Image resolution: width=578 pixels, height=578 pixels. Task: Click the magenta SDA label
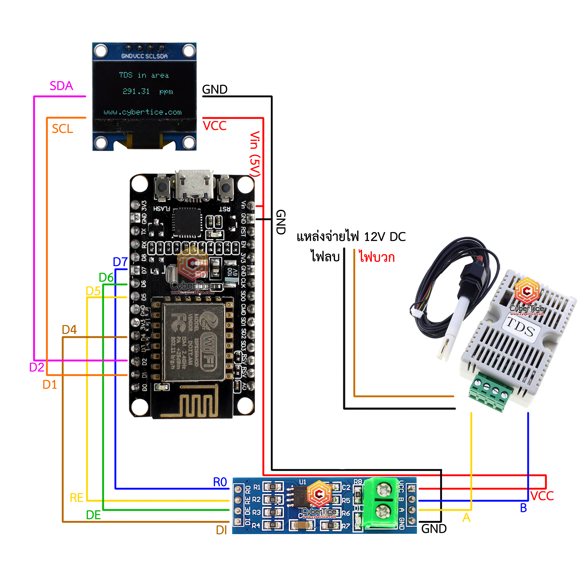pos(61,86)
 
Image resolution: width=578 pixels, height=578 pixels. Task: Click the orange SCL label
pos(62,129)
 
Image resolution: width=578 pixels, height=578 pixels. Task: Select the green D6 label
pos(106,277)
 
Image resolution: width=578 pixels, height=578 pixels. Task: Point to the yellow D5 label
pos(93,291)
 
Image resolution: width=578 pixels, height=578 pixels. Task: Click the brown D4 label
pos(69,329)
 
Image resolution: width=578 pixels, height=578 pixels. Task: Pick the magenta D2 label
pos(37,367)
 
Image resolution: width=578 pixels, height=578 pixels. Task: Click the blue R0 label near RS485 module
pos(220,482)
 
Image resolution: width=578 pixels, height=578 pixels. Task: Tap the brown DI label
pos(221,530)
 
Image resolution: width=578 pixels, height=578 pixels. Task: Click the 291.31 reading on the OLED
pos(136,91)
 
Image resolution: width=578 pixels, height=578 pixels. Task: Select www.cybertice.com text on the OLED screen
pos(142,112)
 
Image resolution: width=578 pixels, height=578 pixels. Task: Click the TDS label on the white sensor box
pos(521,327)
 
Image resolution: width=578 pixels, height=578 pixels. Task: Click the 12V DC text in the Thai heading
pos(385,237)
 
